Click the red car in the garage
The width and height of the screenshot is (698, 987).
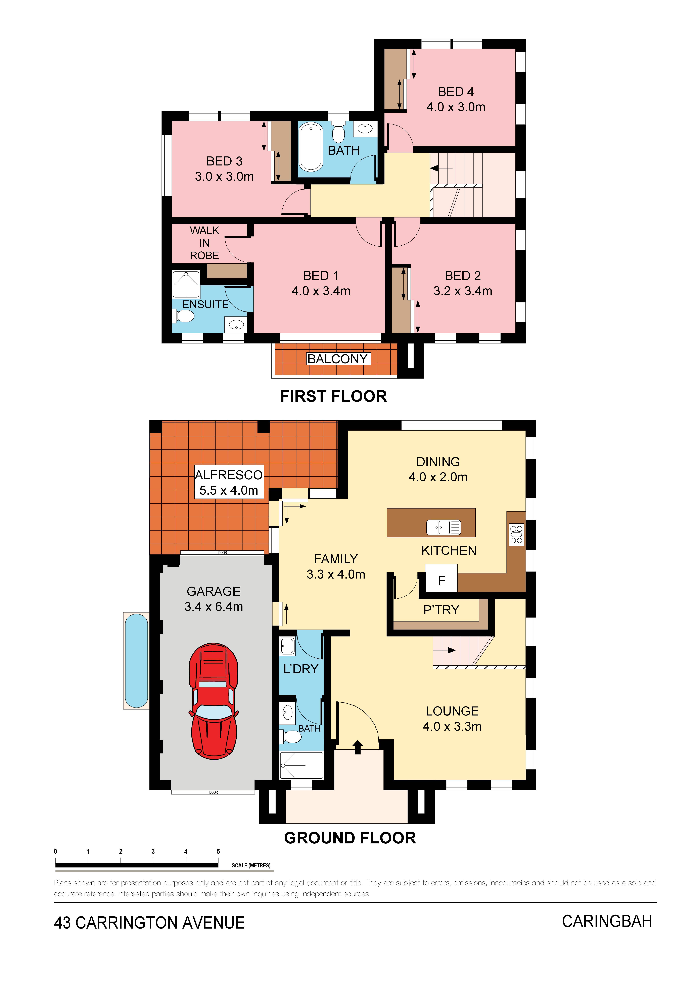[213, 701]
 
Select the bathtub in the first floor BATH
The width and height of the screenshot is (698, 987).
[311, 147]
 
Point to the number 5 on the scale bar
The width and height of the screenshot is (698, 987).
[218, 851]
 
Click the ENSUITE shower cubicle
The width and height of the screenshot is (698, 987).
[186, 284]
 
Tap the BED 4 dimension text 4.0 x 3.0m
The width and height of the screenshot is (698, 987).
[456, 107]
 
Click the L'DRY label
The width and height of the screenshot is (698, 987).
[301, 669]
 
